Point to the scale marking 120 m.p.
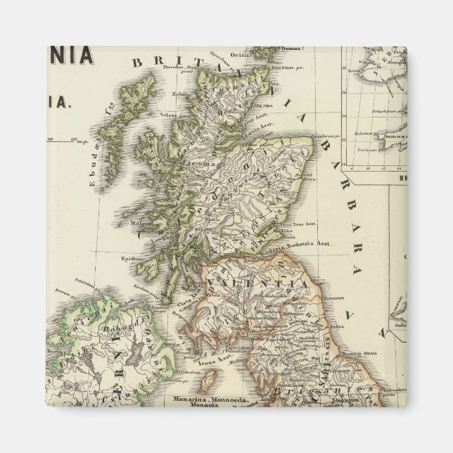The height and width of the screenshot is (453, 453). (x=73, y=139)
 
